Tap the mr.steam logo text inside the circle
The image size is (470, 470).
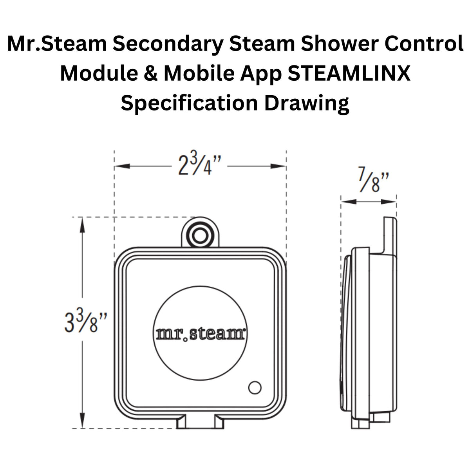pyautogui.click(x=201, y=334)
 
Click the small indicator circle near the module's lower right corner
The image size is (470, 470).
pyautogui.click(x=255, y=387)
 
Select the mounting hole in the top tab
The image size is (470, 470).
pyautogui.click(x=200, y=236)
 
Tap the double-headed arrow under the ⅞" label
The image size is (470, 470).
pyautogui.click(x=369, y=202)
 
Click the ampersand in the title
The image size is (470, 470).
pyautogui.click(x=145, y=73)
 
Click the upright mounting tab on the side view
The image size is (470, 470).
pyautogui.click(x=390, y=235)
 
